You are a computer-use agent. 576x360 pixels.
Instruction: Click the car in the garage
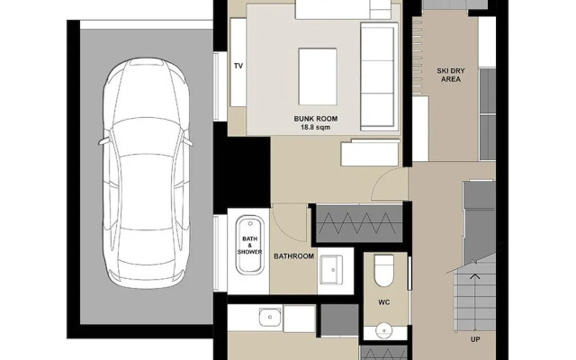pyautogui.click(x=146, y=173)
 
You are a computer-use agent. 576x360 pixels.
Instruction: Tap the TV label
pyautogui.click(x=238, y=66)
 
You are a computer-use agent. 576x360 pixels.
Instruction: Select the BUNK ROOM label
pyautogui.click(x=316, y=119)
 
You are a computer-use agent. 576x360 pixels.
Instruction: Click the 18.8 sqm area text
pyautogui.click(x=316, y=128)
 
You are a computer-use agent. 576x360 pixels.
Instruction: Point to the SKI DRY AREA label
pyautogui.click(x=451, y=75)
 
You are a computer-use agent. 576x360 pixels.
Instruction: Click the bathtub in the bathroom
pyautogui.click(x=250, y=245)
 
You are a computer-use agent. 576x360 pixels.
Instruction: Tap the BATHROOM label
pyautogui.click(x=294, y=256)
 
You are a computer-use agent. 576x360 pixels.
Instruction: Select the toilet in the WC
pyautogui.click(x=384, y=270)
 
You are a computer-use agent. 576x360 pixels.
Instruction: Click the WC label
pyautogui.click(x=384, y=302)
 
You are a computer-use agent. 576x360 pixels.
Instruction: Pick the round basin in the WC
pyautogui.click(x=384, y=330)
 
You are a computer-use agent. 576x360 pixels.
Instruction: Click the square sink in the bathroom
pyautogui.click(x=331, y=270)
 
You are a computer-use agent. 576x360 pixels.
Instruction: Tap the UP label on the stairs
pyautogui.click(x=475, y=339)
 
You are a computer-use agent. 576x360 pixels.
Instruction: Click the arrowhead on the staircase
pyautogui.click(x=474, y=275)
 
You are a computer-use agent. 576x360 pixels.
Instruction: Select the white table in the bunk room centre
pyautogui.click(x=318, y=76)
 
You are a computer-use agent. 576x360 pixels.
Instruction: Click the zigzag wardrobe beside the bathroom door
pyautogui.click(x=359, y=224)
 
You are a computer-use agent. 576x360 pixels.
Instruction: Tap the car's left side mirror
pyautogui.click(x=103, y=141)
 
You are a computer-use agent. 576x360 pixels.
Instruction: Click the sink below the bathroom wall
pyautogui.click(x=271, y=317)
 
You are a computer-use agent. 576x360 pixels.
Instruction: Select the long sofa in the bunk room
pyautogui.click(x=380, y=76)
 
